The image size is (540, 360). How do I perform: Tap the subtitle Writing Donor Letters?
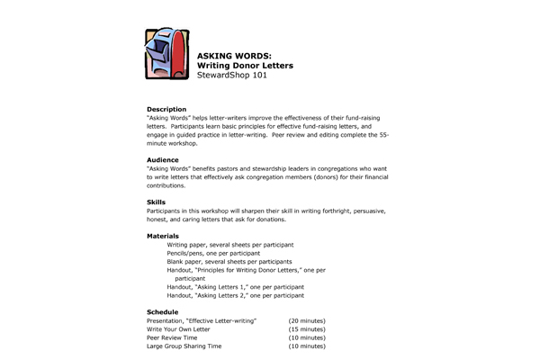click(245, 66)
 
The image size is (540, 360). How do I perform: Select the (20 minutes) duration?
click(307, 320)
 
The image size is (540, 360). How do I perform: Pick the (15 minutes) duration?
click(307, 329)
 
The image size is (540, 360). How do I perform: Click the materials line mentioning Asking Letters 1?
click(235, 287)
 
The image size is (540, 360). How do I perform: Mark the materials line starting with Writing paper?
click(230, 245)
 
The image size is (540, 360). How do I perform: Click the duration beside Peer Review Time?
click(307, 337)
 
